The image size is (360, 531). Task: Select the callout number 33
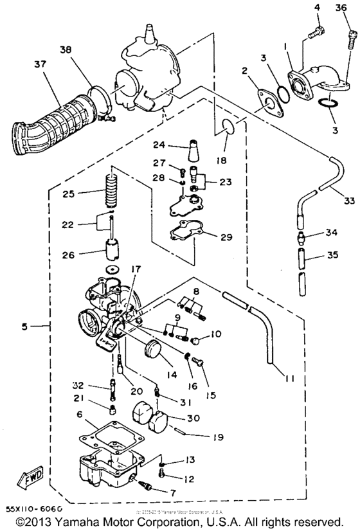[347, 201]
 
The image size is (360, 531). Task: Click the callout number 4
[317, 8]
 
